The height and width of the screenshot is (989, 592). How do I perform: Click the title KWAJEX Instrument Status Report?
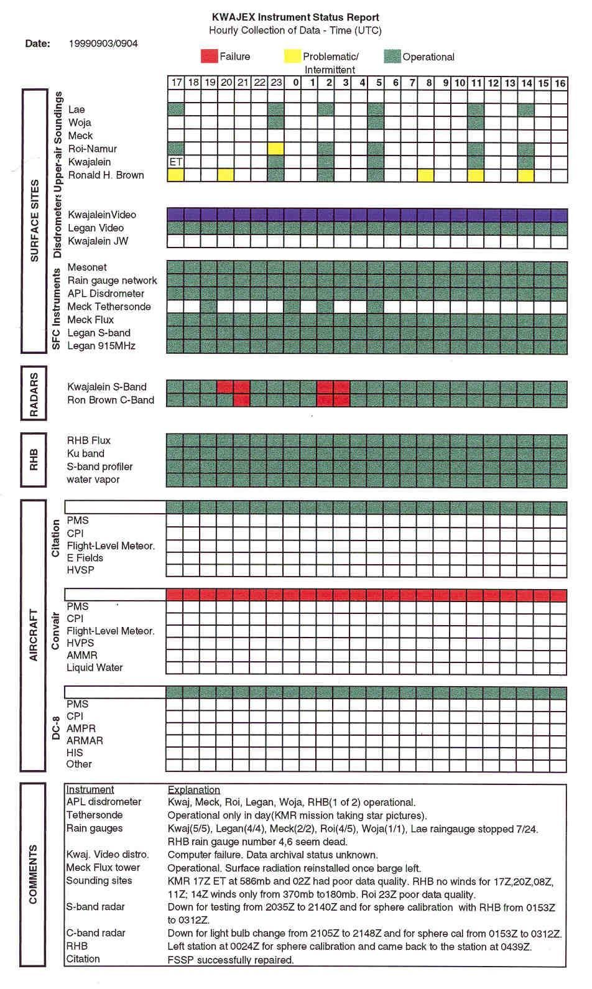[295, 17]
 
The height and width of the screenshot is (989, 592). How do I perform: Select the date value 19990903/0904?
[103, 44]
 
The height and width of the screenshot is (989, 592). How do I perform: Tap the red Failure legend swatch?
[209, 57]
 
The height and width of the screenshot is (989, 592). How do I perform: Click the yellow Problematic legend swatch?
[292, 57]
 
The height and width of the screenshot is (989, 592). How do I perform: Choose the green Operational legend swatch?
[392, 57]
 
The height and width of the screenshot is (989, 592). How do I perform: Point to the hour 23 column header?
[276, 83]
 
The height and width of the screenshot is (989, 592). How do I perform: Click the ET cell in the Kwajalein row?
[176, 162]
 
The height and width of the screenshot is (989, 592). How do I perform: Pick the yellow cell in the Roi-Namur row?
[276, 149]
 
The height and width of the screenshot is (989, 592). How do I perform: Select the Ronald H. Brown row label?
[106, 175]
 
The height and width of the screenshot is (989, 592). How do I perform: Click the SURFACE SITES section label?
[35, 221]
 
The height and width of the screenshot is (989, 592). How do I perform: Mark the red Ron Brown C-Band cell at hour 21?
[243, 400]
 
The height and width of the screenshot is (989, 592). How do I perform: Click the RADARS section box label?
[34, 394]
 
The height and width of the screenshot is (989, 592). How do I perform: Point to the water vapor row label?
[93, 480]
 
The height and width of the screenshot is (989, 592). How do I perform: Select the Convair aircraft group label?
[55, 631]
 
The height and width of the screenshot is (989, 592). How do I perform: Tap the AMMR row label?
[82, 656]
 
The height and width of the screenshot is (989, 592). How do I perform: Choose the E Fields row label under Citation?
[85, 558]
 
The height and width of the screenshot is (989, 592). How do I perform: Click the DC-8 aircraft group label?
[55, 728]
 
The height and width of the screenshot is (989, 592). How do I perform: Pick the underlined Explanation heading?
[194, 790]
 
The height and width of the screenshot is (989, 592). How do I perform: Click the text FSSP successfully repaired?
[230, 960]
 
